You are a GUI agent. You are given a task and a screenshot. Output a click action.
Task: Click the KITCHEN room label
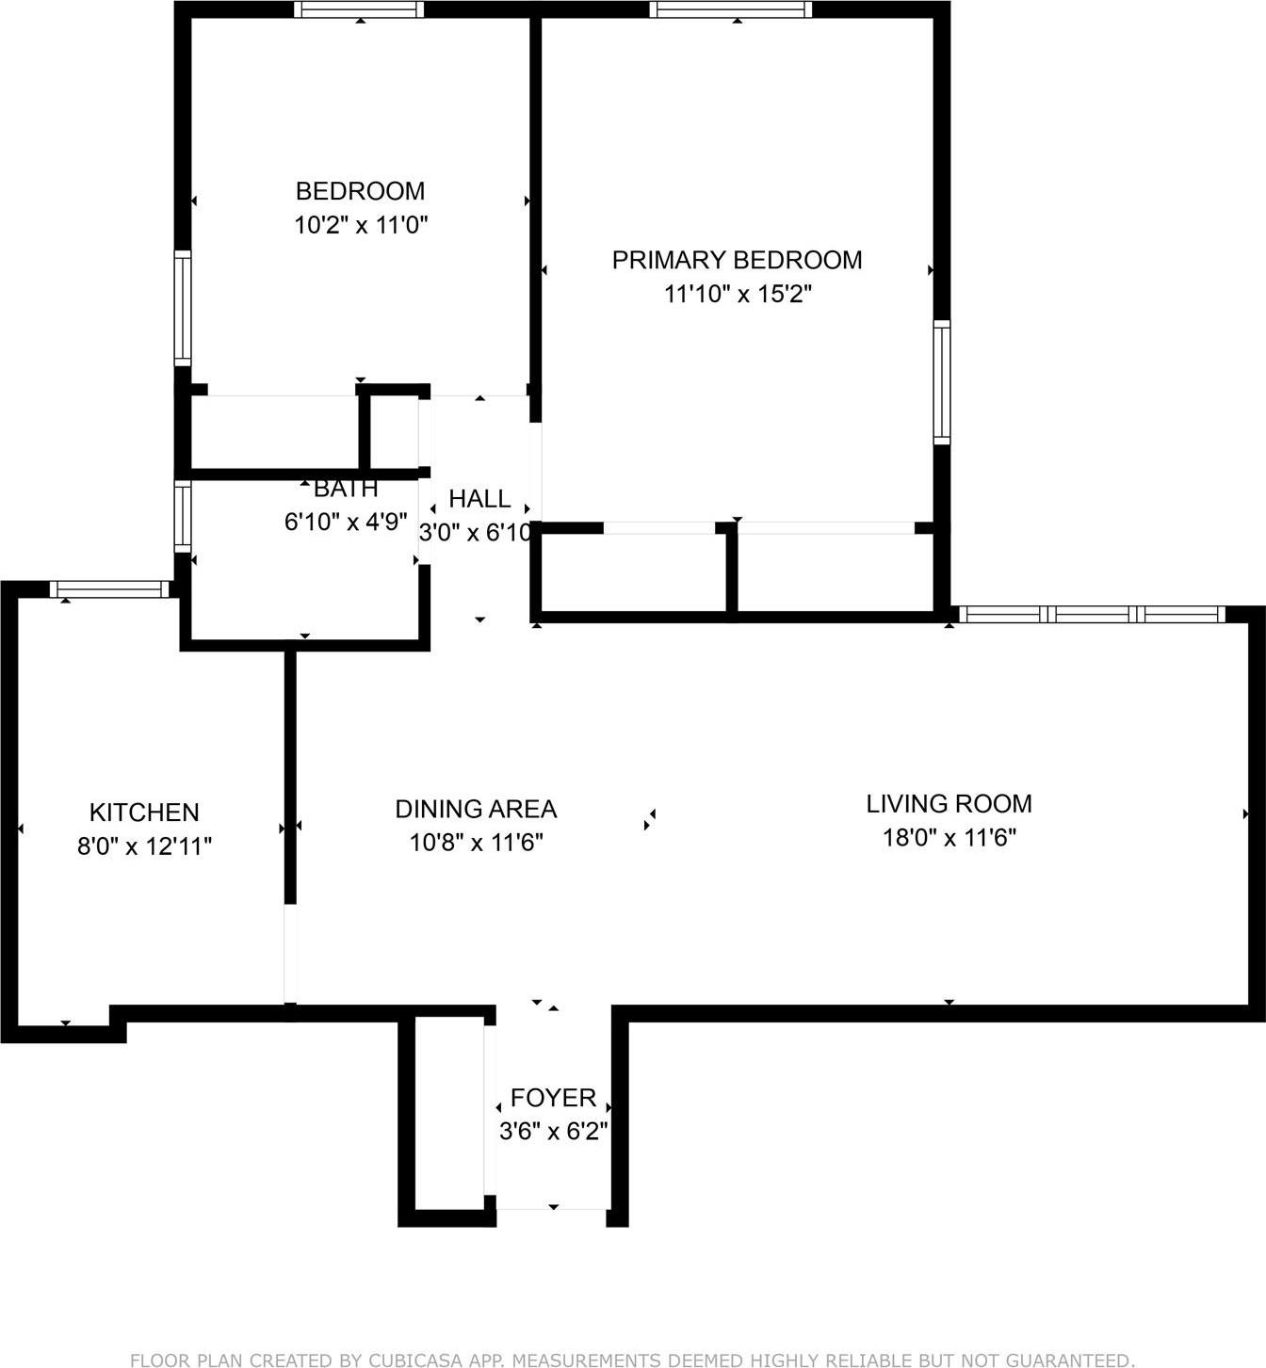coord(144,812)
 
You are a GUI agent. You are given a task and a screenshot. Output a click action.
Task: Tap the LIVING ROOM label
coord(949,803)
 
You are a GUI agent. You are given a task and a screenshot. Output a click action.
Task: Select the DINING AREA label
coord(476,808)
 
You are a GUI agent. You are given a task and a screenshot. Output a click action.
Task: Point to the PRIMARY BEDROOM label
coord(737,260)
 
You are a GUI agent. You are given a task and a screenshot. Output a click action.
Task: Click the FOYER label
coord(553,1097)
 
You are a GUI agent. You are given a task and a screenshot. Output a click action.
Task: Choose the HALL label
coord(479,498)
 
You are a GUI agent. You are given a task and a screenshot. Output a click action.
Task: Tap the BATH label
coord(346,489)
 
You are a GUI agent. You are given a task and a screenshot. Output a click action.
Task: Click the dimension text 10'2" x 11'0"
coord(362,225)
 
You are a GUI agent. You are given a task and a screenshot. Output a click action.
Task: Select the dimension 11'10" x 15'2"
coord(738,294)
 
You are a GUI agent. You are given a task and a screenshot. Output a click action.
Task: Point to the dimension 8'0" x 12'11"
coord(144,846)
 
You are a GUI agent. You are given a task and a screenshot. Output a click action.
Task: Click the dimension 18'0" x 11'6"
coord(949,837)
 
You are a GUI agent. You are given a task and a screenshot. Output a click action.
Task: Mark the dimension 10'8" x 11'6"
coord(476,842)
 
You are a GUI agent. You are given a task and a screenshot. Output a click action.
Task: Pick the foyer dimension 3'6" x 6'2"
coord(553,1131)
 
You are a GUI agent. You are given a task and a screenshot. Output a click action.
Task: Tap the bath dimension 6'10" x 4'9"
coord(346,522)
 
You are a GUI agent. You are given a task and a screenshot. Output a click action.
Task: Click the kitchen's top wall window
coord(109,590)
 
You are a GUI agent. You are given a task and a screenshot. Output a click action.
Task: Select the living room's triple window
coord(1092,615)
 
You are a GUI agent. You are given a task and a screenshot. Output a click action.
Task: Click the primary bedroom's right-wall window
coord(941,381)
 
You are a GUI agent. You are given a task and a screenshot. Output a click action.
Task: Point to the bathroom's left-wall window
coord(183,516)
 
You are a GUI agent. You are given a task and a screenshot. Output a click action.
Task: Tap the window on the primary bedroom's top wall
coord(730,9)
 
